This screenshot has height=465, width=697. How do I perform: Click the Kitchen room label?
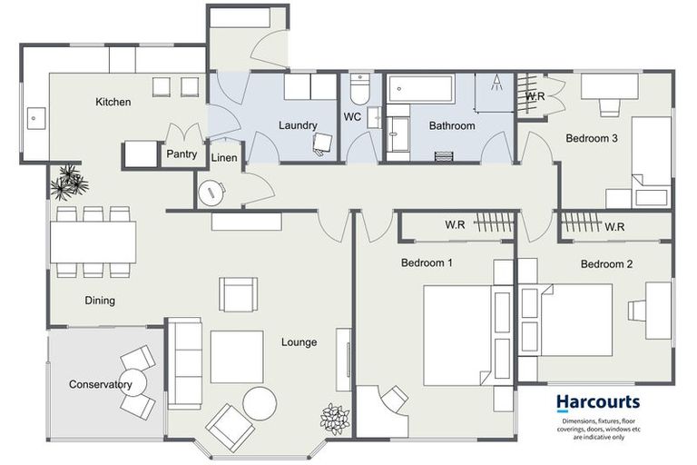[x=113, y=102]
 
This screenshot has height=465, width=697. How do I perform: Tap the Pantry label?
[x=182, y=154]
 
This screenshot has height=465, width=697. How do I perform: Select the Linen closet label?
[x=224, y=158]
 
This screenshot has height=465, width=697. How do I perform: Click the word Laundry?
[x=297, y=125]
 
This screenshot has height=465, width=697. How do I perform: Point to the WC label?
[x=353, y=117]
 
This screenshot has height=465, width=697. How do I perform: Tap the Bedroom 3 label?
[x=592, y=139]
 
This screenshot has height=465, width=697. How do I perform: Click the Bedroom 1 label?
[x=427, y=263]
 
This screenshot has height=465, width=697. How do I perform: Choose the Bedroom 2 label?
[x=606, y=264]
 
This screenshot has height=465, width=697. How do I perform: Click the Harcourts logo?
[x=597, y=401]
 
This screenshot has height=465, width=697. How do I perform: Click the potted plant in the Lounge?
[x=335, y=418]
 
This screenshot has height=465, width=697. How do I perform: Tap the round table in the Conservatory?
[x=134, y=381]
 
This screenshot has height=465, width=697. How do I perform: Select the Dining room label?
[x=100, y=301]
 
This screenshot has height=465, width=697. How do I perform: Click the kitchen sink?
[x=36, y=116]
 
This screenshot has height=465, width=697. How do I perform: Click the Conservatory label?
[x=101, y=384]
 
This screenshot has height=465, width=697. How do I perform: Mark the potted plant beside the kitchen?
[x=69, y=183]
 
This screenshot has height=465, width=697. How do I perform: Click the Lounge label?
[x=299, y=342]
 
